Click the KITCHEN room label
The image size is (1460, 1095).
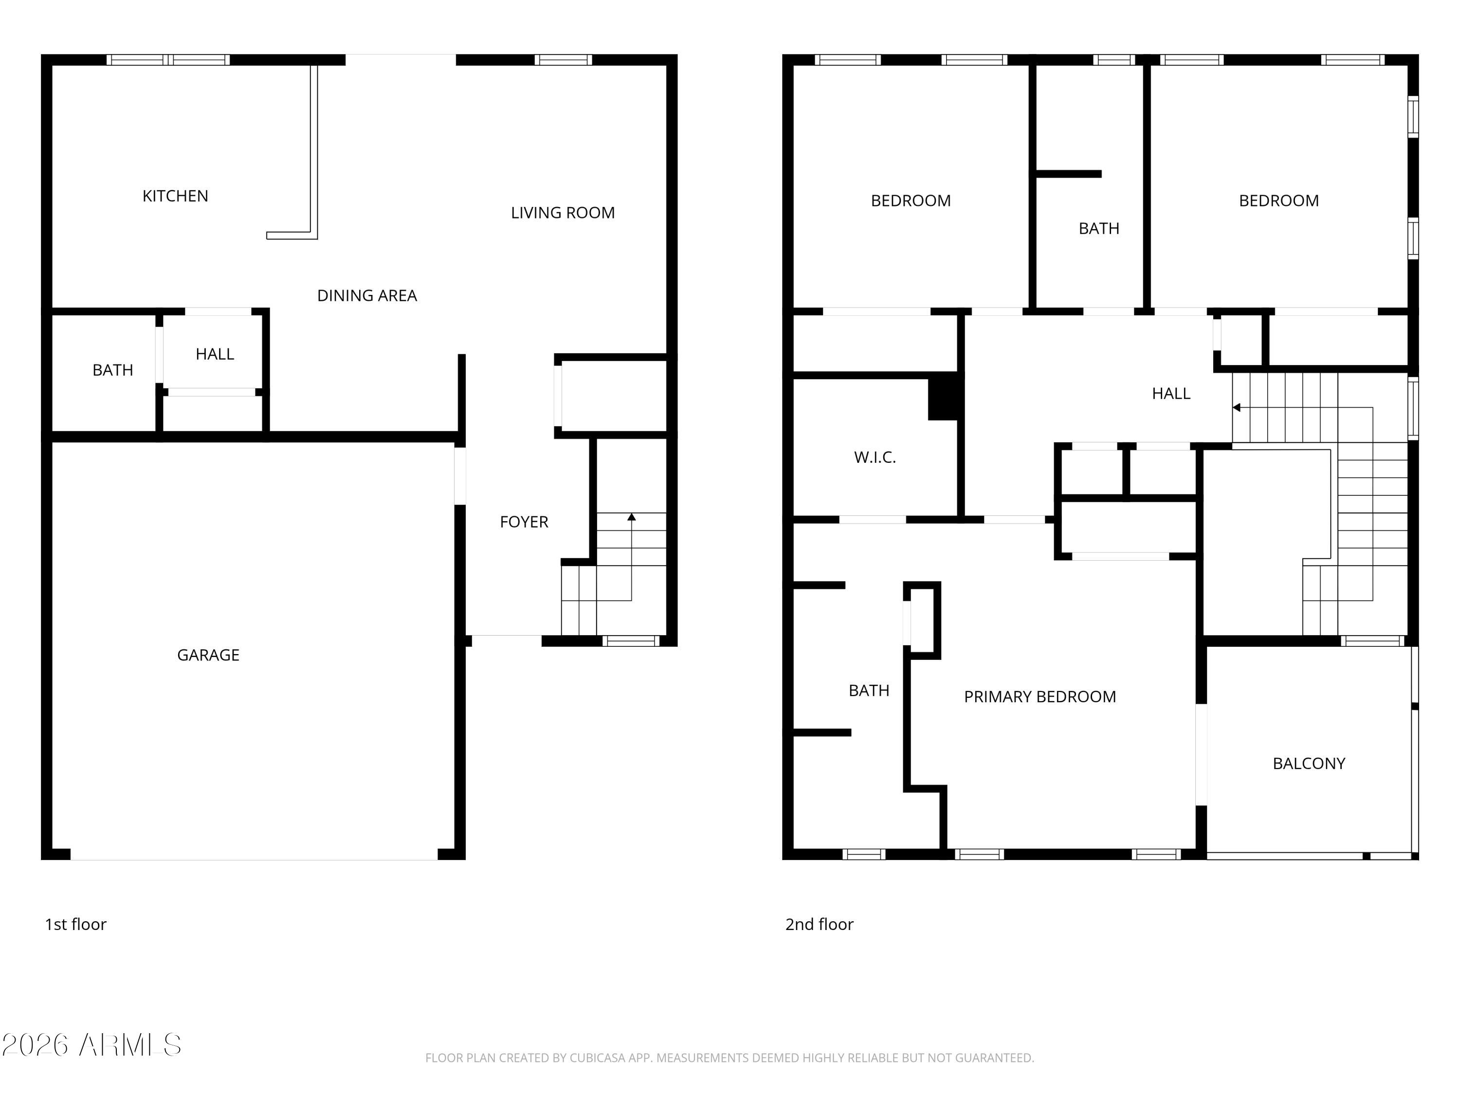[175, 196]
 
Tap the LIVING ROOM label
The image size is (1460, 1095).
[563, 213]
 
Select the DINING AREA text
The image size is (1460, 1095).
[367, 296]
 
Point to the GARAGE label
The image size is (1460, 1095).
[208, 655]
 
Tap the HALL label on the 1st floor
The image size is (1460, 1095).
[215, 354]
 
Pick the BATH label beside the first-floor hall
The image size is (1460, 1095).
[112, 370]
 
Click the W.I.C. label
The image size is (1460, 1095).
[875, 457]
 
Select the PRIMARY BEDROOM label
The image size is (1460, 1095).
[1040, 696]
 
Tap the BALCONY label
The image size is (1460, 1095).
[1308, 764]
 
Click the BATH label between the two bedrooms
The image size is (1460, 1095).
[1098, 228]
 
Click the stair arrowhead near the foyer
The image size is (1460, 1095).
[632, 517]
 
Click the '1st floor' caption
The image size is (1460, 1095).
[75, 924]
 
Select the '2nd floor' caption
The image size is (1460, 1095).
[819, 924]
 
